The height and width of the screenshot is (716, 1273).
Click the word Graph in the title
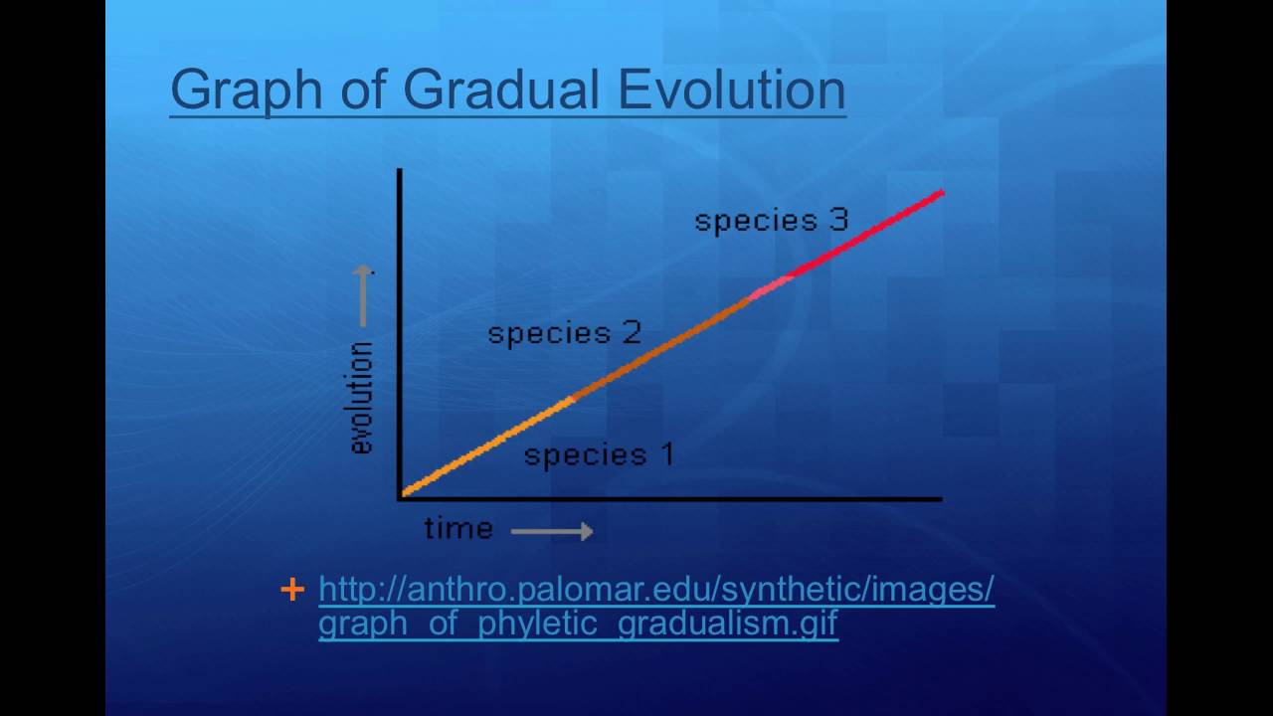click(x=247, y=90)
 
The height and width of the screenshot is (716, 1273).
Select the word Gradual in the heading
click(x=501, y=89)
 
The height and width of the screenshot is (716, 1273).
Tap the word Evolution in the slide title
click(x=732, y=89)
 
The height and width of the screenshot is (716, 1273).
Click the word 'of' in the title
click(x=363, y=89)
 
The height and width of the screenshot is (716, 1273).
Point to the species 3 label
click(x=772, y=221)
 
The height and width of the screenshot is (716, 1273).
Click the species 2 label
click(x=565, y=333)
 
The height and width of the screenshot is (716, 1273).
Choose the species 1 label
click(x=599, y=455)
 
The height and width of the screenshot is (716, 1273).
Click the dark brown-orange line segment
click(x=660, y=348)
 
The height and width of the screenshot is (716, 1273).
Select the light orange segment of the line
click(x=487, y=447)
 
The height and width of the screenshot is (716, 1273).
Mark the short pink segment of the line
click(x=770, y=287)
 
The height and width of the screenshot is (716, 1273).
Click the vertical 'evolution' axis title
click(x=362, y=398)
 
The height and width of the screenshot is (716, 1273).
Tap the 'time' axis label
click(x=458, y=529)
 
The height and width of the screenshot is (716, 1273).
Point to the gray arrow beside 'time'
click(x=552, y=531)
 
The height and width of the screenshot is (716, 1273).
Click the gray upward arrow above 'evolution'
click(x=363, y=296)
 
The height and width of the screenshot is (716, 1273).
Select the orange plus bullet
click(x=292, y=590)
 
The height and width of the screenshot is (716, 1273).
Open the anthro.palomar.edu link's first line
click(x=656, y=590)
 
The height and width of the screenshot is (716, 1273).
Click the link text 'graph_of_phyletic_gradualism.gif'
click(x=579, y=624)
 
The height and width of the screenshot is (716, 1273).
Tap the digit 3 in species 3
click(x=838, y=220)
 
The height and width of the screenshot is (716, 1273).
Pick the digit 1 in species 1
click(x=667, y=454)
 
